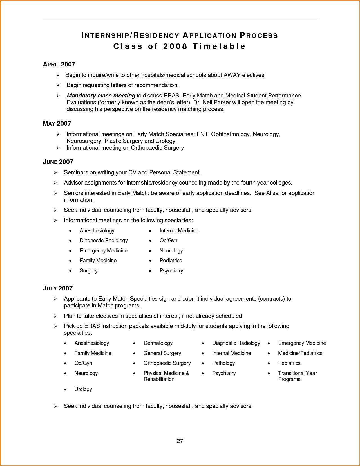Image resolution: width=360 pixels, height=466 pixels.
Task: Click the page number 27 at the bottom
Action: [180, 441]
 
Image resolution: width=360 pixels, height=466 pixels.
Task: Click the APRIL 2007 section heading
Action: [59, 65]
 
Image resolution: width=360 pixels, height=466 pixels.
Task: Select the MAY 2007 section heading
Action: [57, 124]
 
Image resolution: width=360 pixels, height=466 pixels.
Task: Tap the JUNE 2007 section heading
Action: [58, 162]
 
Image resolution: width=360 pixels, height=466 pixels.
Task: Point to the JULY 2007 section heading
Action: [58, 289]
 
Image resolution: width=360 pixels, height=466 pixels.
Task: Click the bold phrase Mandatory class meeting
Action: [101, 96]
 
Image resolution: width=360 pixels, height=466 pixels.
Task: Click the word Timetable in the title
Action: [219, 46]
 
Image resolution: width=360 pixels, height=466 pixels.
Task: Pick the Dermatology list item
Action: [158, 343]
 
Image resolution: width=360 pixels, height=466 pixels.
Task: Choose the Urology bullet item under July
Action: [83, 389]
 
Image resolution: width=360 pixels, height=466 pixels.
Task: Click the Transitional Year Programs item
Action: [297, 376]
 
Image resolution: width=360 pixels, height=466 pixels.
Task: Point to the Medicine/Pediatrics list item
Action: [300, 353]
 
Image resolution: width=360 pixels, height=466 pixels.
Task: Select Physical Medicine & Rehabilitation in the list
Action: [166, 376]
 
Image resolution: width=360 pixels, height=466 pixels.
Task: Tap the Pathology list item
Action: [223, 363]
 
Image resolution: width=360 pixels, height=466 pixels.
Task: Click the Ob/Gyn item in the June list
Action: [168, 241]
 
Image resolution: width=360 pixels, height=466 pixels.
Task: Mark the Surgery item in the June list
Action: [89, 271]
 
